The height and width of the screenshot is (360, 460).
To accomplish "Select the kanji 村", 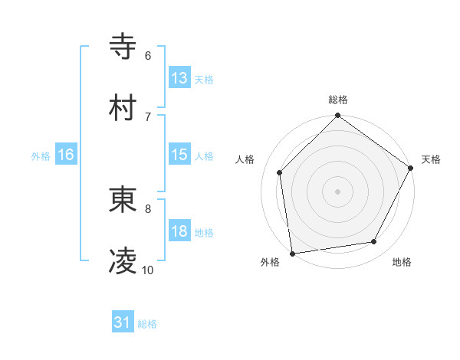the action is (123, 108).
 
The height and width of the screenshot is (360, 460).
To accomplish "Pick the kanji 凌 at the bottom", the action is (123, 262).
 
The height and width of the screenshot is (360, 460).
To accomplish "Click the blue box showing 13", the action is (179, 78).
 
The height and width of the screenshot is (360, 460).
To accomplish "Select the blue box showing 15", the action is (179, 155).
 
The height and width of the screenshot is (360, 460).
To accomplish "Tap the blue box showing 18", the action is (179, 231).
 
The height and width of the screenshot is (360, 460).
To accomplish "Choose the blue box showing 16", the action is (66, 155).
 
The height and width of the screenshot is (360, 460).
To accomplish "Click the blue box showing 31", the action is (123, 323).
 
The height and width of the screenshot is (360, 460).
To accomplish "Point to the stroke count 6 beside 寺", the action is (148, 56).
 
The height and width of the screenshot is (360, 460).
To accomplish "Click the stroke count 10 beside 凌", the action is (148, 270).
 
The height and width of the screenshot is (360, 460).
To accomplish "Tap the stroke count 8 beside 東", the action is (148, 208).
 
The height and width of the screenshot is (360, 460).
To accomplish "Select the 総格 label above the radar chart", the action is (338, 100).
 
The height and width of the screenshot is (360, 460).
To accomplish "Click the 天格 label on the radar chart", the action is (432, 159).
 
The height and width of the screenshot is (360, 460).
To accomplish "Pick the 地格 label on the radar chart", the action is (402, 263).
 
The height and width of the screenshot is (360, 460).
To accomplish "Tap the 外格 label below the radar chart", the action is (270, 263).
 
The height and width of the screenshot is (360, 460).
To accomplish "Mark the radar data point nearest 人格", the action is (280, 172).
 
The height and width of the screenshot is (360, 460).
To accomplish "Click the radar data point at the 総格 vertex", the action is (338, 116).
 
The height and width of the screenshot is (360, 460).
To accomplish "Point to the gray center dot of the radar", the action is (338, 191).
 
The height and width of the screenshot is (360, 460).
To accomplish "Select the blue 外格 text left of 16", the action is (41, 155).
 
